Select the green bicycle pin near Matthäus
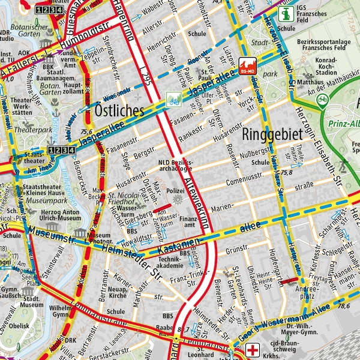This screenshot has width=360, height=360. (x=323, y=100)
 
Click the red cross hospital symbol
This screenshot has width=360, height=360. (x=255, y=350)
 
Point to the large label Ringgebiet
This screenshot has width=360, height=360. (x=272, y=134)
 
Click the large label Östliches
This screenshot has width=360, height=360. (x=119, y=111)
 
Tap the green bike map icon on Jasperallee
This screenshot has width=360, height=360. (x=174, y=99)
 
